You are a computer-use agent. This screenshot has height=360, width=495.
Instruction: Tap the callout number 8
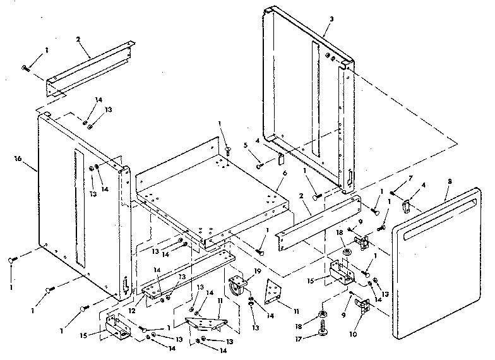pyautogui.click(x=449, y=181)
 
